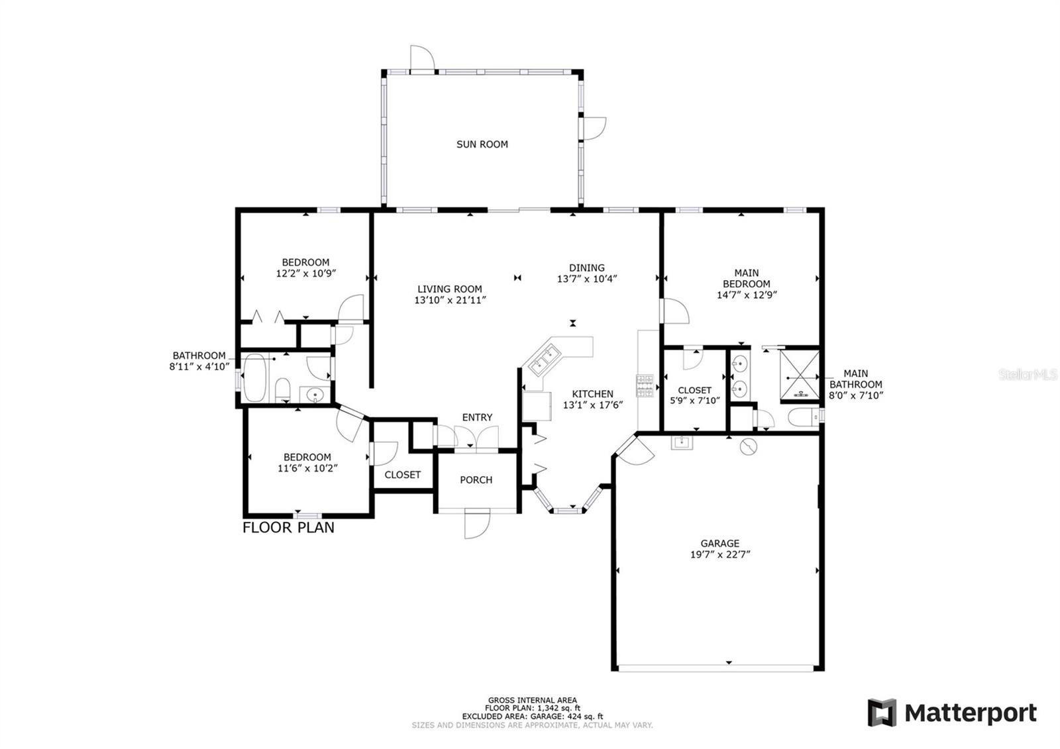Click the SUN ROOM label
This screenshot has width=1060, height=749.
(x=482, y=144)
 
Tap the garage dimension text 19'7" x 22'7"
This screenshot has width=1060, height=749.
(x=719, y=555)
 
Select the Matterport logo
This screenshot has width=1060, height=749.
(x=952, y=713)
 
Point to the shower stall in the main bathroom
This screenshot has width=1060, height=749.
(x=800, y=375)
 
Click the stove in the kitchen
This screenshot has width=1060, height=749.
(x=645, y=385)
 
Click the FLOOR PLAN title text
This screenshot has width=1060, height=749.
(x=288, y=528)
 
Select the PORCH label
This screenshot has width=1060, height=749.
(x=476, y=480)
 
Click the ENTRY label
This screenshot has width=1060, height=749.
(x=477, y=417)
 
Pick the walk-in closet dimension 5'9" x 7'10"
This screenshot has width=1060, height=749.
(x=694, y=401)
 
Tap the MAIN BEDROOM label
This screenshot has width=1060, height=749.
(x=747, y=278)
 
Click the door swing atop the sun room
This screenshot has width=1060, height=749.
(x=422, y=58)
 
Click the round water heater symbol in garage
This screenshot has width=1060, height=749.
(x=747, y=447)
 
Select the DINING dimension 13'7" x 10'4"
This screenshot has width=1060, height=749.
(x=587, y=279)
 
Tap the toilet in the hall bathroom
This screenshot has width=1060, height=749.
(x=282, y=389)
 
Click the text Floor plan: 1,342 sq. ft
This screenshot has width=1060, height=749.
(x=533, y=708)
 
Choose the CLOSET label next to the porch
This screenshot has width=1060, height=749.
(x=402, y=475)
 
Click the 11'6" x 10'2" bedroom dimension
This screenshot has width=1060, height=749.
(x=307, y=468)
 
